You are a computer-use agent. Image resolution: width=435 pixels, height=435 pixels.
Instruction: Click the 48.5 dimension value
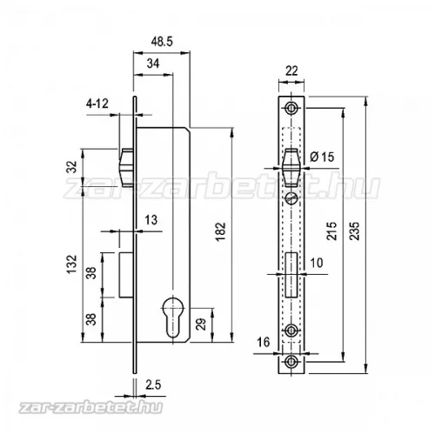pyautogui.click(x=162, y=42)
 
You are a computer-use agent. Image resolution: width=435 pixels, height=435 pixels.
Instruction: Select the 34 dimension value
pyautogui.click(x=153, y=64)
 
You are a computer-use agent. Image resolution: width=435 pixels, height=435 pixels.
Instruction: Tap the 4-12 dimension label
pyautogui.click(x=97, y=104)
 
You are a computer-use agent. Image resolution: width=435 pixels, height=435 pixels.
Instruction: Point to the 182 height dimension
pyautogui.click(x=220, y=231)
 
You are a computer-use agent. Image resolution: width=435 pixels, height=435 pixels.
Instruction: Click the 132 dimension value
pyautogui.click(x=71, y=264)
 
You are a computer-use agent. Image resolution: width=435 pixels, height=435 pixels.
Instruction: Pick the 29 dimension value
pyautogui.click(x=201, y=325)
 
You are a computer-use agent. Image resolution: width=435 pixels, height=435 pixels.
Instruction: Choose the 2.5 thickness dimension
pyautogui.click(x=153, y=385)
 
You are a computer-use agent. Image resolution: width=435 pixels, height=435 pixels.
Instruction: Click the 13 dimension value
pyautogui.click(x=151, y=220)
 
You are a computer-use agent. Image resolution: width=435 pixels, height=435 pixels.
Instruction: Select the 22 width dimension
pyautogui.click(x=291, y=70)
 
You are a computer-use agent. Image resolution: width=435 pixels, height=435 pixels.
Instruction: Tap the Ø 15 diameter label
pyautogui.click(x=322, y=157)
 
